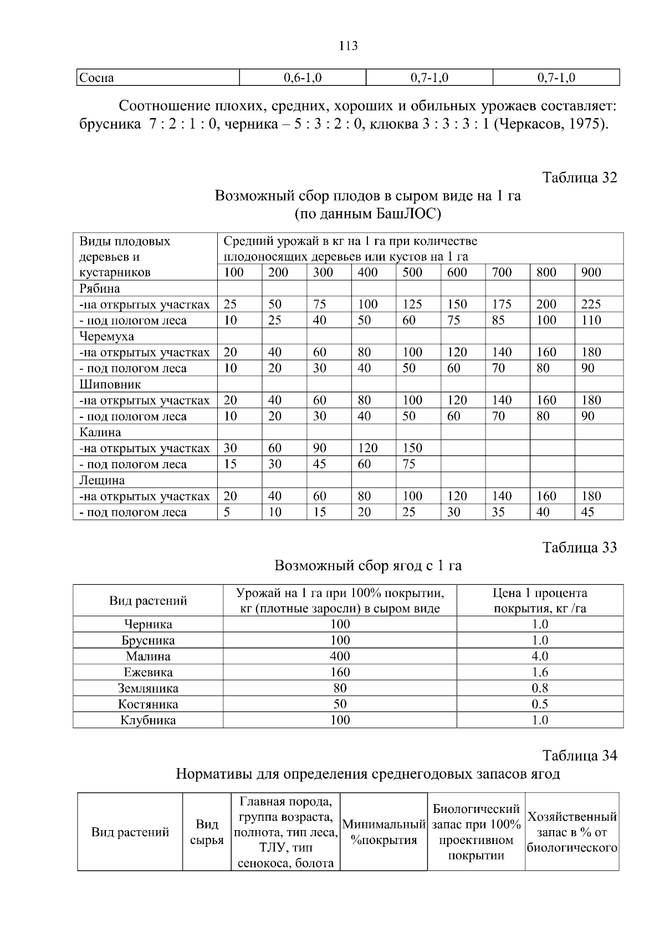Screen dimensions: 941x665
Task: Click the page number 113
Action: click(x=348, y=46)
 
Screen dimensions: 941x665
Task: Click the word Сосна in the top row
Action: click(x=96, y=78)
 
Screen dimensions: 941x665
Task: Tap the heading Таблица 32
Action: click(x=579, y=178)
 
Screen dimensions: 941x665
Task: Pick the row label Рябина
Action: click(x=100, y=288)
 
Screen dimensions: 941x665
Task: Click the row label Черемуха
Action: click(x=106, y=336)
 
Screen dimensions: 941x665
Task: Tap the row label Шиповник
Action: click(x=110, y=384)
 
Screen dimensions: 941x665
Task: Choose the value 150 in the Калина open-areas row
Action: click(x=412, y=448)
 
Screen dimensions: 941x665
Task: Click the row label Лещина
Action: click(x=102, y=480)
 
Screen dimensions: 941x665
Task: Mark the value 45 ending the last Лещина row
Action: click(x=587, y=512)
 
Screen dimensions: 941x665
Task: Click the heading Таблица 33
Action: click(x=579, y=548)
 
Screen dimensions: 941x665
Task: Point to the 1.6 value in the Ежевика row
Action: click(x=540, y=672)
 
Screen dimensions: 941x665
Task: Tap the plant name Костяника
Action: click(x=148, y=704)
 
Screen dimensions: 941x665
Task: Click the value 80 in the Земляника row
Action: click(x=340, y=688)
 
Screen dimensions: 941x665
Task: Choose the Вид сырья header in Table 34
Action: click(x=207, y=832)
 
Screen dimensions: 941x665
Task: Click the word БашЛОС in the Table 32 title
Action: click(x=407, y=213)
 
